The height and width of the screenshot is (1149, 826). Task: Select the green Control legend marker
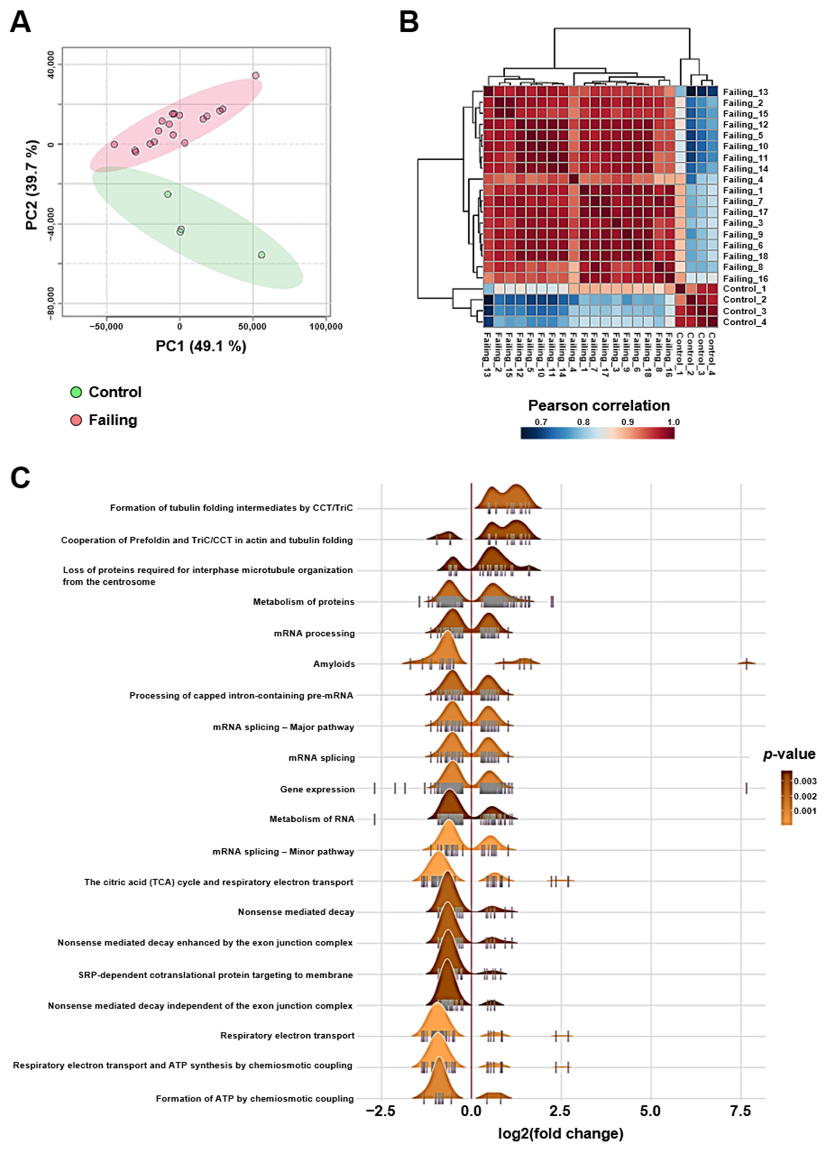coord(76,392)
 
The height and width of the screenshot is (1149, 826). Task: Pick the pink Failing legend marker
coord(76,420)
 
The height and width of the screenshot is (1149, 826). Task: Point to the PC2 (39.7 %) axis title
coord(32,185)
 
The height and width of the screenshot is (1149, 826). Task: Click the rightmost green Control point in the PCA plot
coord(261,255)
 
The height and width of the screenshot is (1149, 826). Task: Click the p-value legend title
coord(789,754)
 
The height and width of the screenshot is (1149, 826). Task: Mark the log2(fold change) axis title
coord(560,1133)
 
